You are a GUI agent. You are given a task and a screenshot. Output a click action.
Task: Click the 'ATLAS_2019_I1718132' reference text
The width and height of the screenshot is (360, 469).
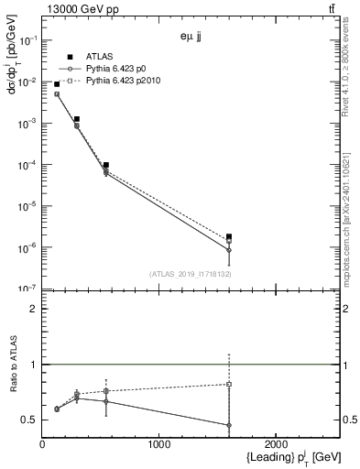[x=188, y=273]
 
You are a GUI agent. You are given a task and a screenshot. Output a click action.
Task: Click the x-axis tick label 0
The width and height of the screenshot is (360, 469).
[x=42, y=444]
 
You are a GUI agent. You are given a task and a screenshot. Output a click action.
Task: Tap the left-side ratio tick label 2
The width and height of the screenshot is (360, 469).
[x=33, y=309]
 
